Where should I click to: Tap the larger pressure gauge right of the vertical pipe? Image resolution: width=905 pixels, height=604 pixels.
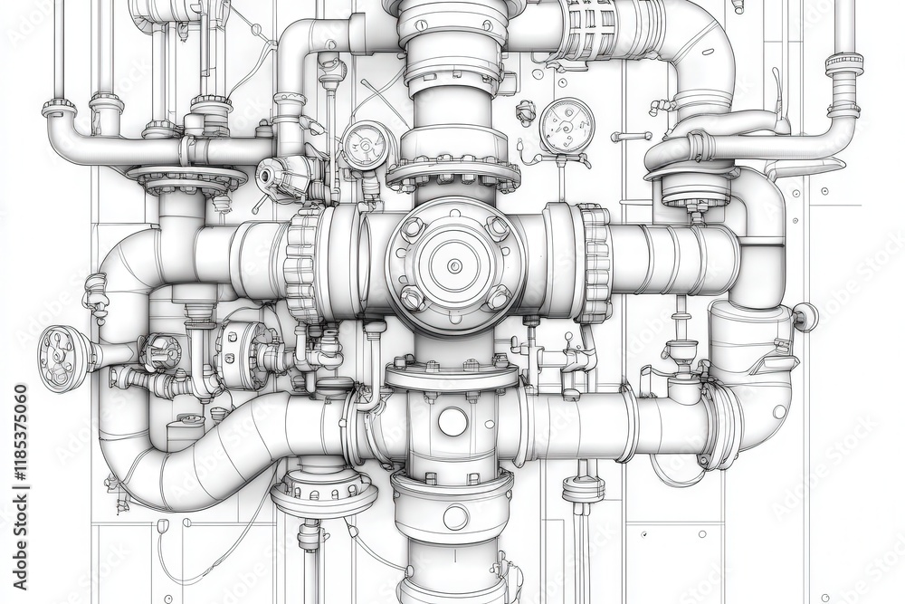(x=567, y=126)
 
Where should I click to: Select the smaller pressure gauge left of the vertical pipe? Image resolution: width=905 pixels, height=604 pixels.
(x=366, y=143)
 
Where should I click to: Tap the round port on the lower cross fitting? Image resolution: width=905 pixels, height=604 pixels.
(x=452, y=421)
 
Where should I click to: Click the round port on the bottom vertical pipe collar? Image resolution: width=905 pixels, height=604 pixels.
(x=455, y=517)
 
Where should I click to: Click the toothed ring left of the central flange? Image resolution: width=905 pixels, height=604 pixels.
(x=303, y=264)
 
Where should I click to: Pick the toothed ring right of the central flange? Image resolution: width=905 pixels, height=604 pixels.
(x=594, y=264)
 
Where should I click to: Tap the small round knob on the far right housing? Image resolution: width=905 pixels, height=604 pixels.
(x=805, y=316)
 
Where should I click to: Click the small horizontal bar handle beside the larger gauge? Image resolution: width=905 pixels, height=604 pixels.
(x=631, y=137)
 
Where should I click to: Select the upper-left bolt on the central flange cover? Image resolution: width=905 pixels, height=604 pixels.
(x=413, y=226)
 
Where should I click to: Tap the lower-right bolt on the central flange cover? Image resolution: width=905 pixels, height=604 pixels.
(x=498, y=296)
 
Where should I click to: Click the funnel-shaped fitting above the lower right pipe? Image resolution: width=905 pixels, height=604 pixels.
(x=681, y=350)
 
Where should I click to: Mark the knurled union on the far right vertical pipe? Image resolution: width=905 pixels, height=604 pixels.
(x=843, y=64)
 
